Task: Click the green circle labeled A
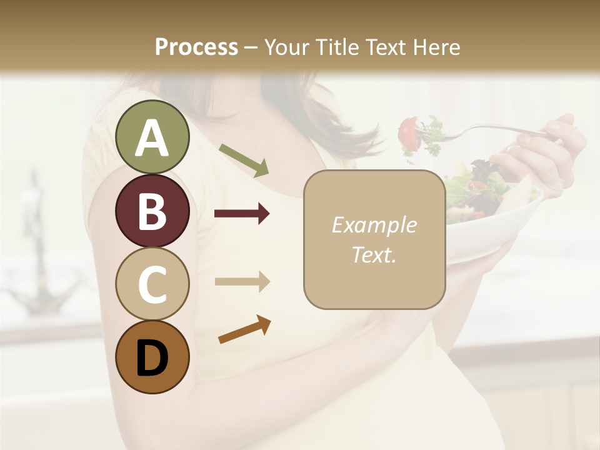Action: pyautogui.click(x=152, y=137)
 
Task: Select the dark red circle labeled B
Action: pyautogui.click(x=152, y=211)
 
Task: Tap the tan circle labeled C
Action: pyautogui.click(x=152, y=284)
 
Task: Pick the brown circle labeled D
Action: pyautogui.click(x=152, y=357)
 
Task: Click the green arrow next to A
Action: pyautogui.click(x=244, y=160)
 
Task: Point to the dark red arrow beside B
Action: pyautogui.click(x=242, y=214)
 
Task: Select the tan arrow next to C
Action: pyautogui.click(x=242, y=281)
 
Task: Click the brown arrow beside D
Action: pyautogui.click(x=244, y=330)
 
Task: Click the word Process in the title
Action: pyautogui.click(x=196, y=47)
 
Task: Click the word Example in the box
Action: pyautogui.click(x=374, y=225)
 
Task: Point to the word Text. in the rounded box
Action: pyautogui.click(x=374, y=254)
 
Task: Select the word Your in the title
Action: pyautogui.click(x=284, y=47)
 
